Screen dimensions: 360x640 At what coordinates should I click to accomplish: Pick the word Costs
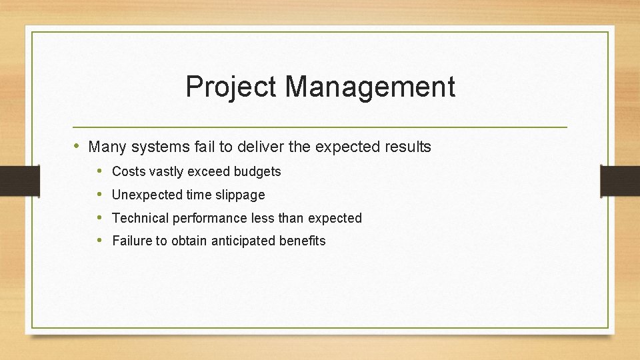coord(129,172)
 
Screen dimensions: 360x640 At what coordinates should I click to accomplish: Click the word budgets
coord(257,172)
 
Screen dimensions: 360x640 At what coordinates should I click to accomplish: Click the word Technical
coord(140,218)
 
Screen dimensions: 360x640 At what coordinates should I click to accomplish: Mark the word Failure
coord(132,241)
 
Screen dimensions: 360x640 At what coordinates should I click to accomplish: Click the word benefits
coord(303,241)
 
